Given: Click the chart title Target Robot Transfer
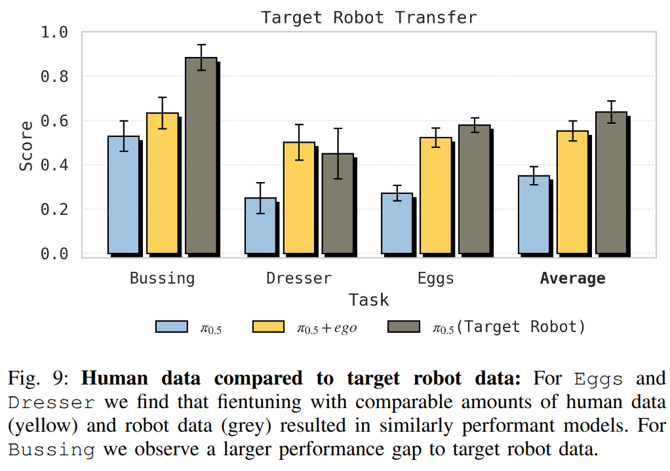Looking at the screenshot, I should pyautogui.click(x=369, y=17).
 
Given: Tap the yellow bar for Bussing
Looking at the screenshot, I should pyautogui.click(x=162, y=183).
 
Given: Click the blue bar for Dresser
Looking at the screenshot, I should pyautogui.click(x=260, y=225).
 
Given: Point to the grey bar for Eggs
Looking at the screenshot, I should pyautogui.click(x=474, y=189).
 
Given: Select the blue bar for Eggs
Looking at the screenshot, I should pyautogui.click(x=397, y=223).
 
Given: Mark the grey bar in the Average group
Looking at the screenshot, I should pyautogui.click(x=611, y=183).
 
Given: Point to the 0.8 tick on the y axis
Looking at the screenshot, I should pyautogui.click(x=55, y=77).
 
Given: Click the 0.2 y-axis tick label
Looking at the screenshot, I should pyautogui.click(x=55, y=210).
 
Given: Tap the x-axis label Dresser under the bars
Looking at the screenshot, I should pyautogui.click(x=299, y=278).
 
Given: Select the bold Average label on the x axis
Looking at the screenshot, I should pyautogui.click(x=572, y=278).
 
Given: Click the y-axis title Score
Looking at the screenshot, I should pyautogui.click(x=26, y=146).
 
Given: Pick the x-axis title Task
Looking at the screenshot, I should pyautogui.click(x=368, y=300).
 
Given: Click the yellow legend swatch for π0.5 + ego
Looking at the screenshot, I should pyautogui.click(x=268, y=327).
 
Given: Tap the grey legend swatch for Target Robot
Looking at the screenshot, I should pyautogui.click(x=404, y=327).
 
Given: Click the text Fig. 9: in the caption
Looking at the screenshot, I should pyautogui.click(x=39, y=378).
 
